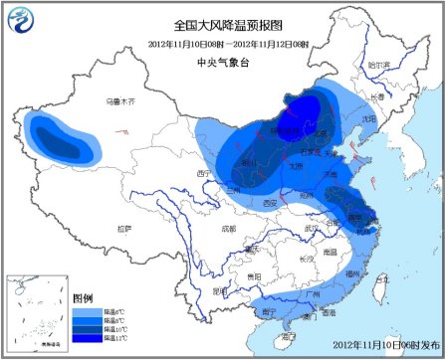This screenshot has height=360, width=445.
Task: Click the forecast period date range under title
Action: tap(228, 44)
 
